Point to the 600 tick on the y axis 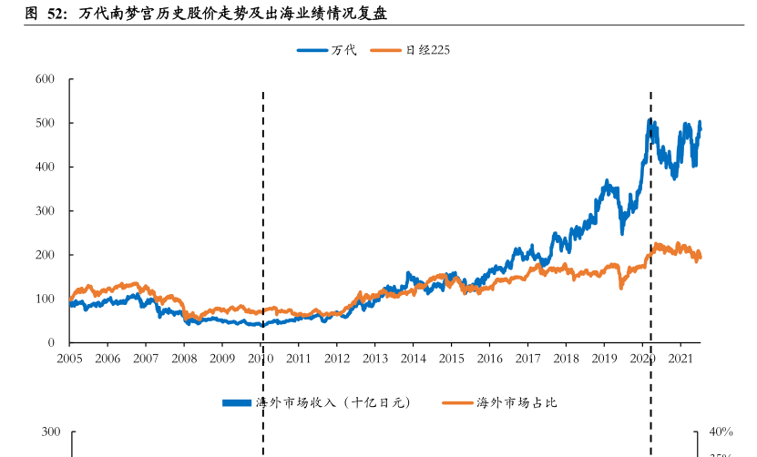46,79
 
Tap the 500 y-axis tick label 46,123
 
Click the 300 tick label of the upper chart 46,211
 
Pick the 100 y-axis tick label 46,299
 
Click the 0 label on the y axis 51,343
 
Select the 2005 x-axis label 69,359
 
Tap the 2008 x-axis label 184,359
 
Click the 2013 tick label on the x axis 375,359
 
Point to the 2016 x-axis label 490,359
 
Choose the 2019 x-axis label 605,359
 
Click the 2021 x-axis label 681,359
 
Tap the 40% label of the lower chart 721,432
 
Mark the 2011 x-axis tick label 299,359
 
